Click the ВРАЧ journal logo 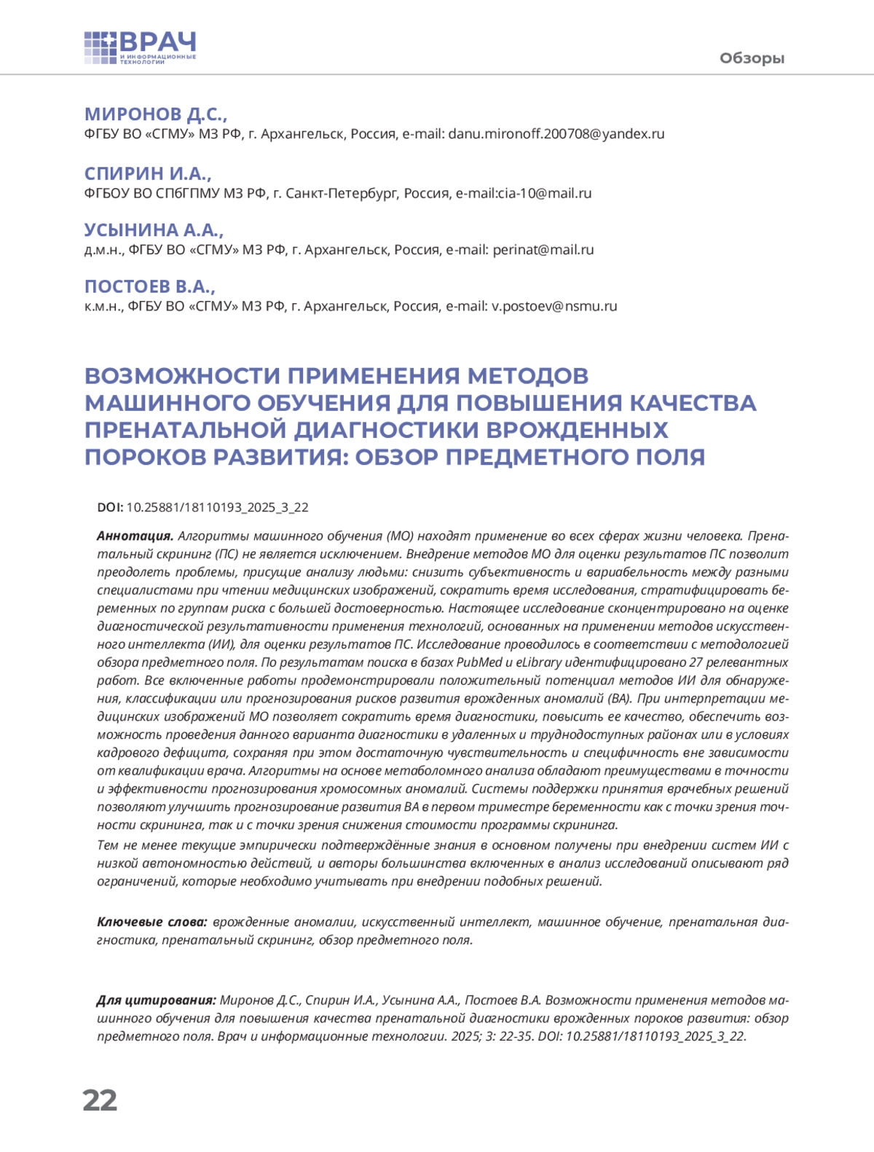pyautogui.click(x=141, y=48)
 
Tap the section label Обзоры pyautogui.click(x=752, y=58)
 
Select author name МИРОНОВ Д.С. pyautogui.click(x=156, y=114)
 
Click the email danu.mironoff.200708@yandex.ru pyautogui.click(x=556, y=134)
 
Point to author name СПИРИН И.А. pyautogui.click(x=148, y=173)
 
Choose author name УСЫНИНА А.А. pyautogui.click(x=154, y=230)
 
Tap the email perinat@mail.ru pyautogui.click(x=543, y=250)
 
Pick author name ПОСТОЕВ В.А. pyautogui.click(x=150, y=286)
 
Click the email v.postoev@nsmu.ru pyautogui.click(x=554, y=307)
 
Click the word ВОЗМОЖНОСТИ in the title pyautogui.click(x=182, y=376)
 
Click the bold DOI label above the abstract pyautogui.click(x=110, y=508)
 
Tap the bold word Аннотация pyautogui.click(x=135, y=536)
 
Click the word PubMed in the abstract pyautogui.click(x=479, y=662)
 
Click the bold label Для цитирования pyautogui.click(x=157, y=1000)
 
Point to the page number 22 pyautogui.click(x=100, y=1100)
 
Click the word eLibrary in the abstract pyautogui.click(x=539, y=662)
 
